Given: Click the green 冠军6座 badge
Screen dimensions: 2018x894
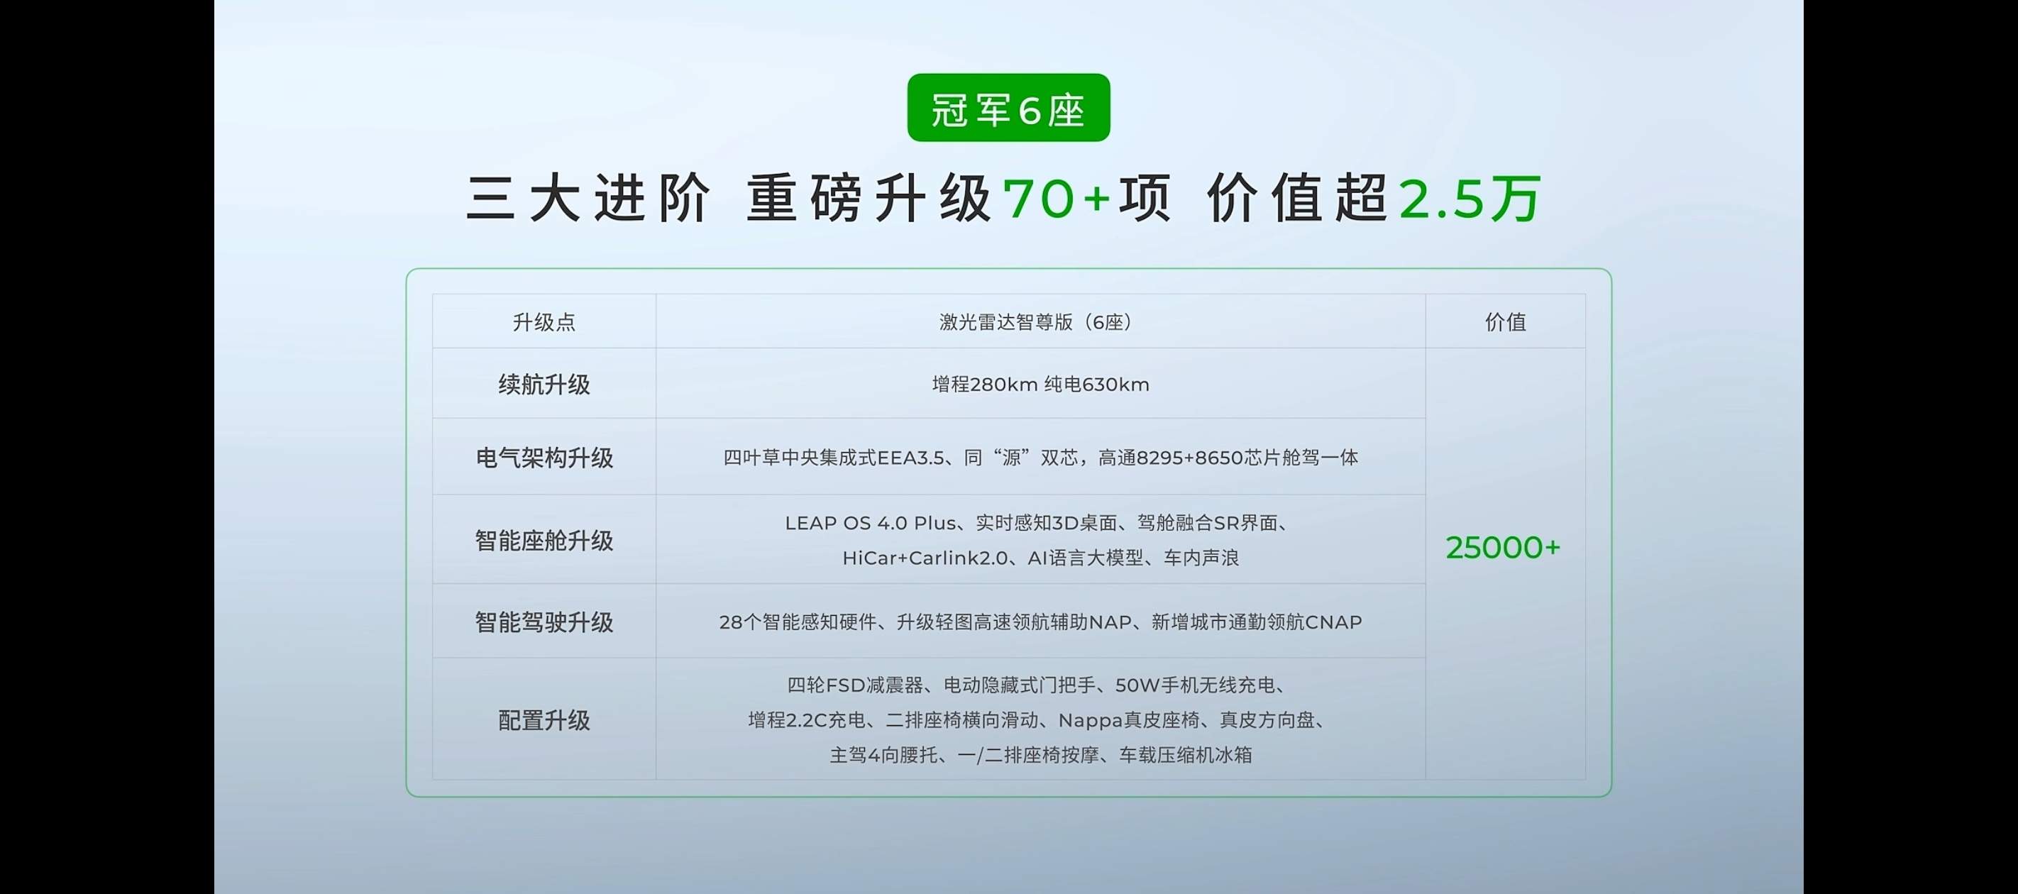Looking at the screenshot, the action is tap(1008, 108).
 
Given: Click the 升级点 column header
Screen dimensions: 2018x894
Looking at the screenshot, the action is tap(544, 322).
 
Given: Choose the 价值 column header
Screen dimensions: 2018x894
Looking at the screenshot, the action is tap(1505, 322).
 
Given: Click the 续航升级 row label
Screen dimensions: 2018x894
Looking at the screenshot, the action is tap(544, 384).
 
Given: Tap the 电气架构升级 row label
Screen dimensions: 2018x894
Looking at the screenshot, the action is tap(544, 458).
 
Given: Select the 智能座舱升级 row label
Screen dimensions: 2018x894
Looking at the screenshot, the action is tap(544, 541).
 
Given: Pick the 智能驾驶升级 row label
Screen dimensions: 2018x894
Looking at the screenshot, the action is tap(544, 622).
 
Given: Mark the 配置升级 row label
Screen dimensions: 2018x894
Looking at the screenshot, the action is tap(544, 720).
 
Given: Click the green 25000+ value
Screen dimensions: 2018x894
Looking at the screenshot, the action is tap(1503, 548).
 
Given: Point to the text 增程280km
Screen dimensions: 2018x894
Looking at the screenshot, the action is tap(985, 385).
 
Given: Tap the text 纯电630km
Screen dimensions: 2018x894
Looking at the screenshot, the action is tap(1097, 385).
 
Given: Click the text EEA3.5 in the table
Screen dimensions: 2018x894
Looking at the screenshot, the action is tap(910, 458).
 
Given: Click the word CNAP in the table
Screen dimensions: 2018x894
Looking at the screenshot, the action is tap(1333, 622).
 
